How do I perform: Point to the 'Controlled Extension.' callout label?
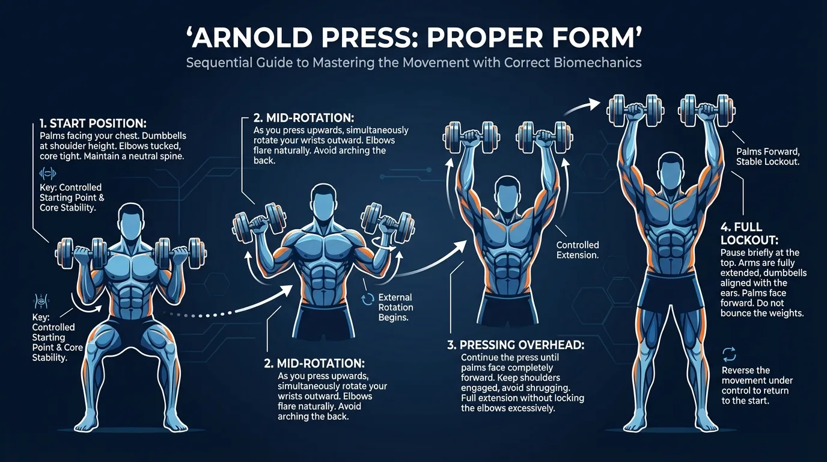pyautogui.click(x=577, y=250)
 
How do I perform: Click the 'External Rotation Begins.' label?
pyautogui.click(x=395, y=307)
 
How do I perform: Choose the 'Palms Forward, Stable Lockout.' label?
pyautogui.click(x=767, y=157)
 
